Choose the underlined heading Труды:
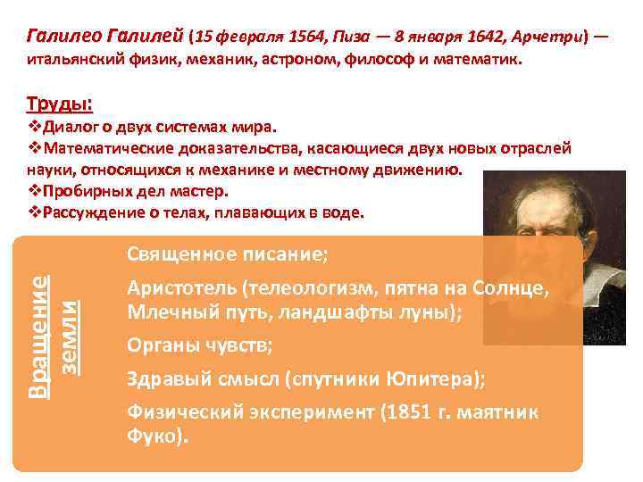(59, 103)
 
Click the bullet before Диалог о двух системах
(35, 127)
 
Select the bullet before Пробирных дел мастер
(35, 191)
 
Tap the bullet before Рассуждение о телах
(35, 212)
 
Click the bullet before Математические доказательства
(35, 148)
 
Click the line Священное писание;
(228, 254)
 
